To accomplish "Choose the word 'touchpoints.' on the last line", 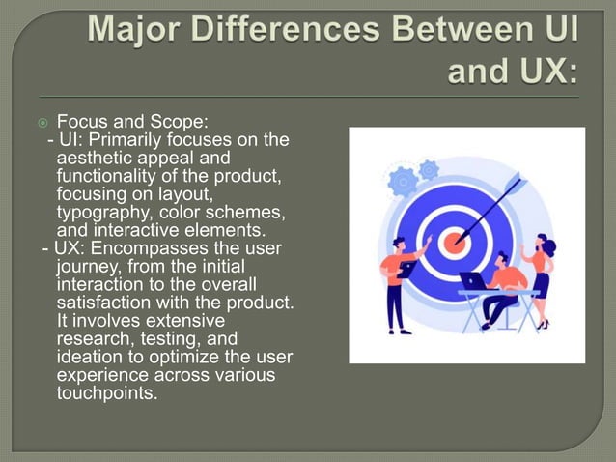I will (107, 393).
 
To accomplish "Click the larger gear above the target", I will (402, 180).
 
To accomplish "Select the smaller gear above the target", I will (429, 169).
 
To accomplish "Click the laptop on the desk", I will (473, 281).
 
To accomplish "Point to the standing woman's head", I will (541, 240).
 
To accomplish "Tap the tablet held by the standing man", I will (406, 270).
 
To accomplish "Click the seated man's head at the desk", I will (501, 258).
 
